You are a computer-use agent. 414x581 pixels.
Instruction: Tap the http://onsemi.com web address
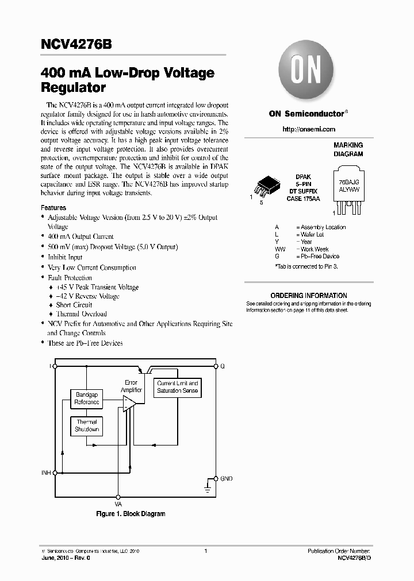[x=309, y=129]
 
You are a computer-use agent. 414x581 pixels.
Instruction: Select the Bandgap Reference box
[x=87, y=398]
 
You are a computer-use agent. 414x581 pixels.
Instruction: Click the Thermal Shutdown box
[x=87, y=425]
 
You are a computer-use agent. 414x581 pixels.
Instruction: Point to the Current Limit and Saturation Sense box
[x=178, y=387]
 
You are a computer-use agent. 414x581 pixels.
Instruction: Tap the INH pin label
[x=46, y=473]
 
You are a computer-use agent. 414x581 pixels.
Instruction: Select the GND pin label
[x=227, y=478]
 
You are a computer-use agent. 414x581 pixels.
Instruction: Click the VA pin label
[x=118, y=503]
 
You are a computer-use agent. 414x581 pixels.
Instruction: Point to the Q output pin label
[x=223, y=366]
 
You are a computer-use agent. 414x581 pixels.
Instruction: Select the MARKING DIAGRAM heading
[x=348, y=150]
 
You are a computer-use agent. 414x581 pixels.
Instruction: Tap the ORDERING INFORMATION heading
[x=309, y=296]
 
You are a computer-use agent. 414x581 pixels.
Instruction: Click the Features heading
[x=53, y=208]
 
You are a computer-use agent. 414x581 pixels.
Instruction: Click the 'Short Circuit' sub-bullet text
[x=74, y=305]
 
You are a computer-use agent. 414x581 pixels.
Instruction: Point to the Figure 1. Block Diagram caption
[x=131, y=514]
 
